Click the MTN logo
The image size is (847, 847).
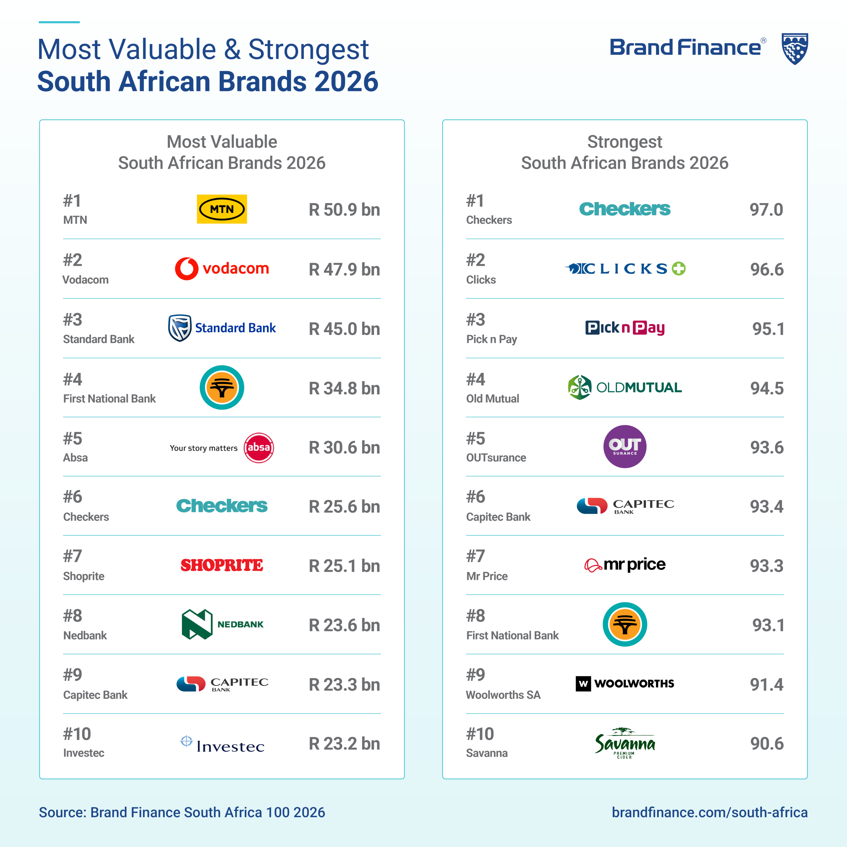222,209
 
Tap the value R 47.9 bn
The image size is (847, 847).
344,269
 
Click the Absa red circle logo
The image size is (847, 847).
259,448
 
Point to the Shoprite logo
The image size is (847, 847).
222,565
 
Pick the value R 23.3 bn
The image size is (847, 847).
344,684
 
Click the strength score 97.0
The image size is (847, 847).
766,209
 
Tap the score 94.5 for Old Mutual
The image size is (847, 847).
766,388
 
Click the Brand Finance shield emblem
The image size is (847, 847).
795,49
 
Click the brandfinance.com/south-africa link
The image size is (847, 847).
709,812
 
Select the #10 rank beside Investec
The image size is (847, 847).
77,734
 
